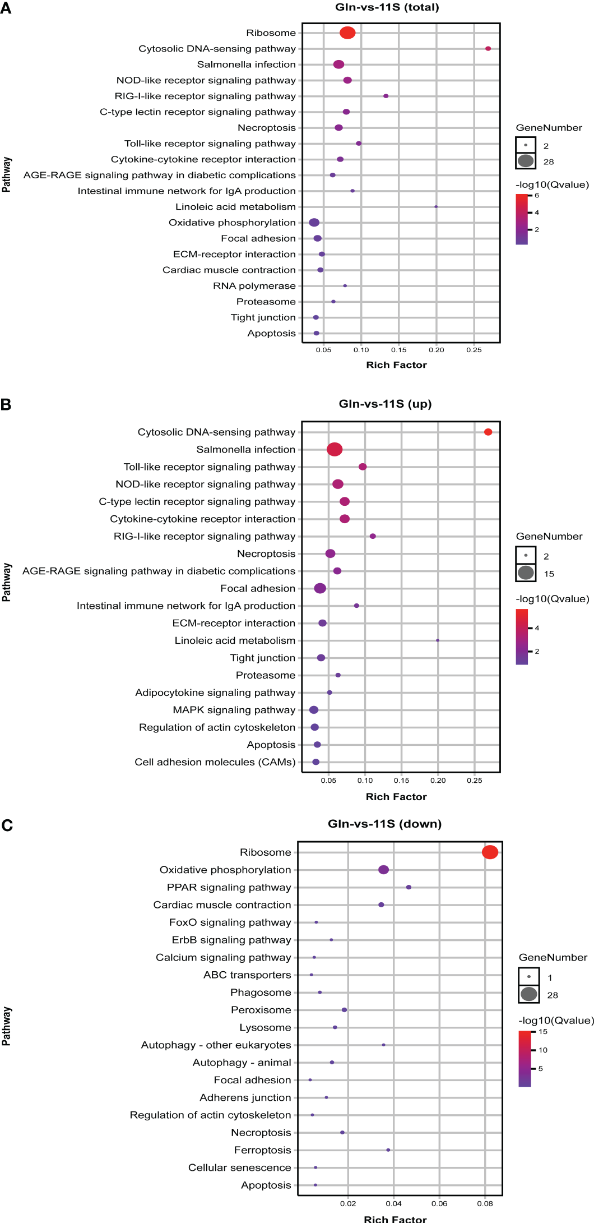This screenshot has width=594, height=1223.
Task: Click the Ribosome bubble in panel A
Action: [347, 33]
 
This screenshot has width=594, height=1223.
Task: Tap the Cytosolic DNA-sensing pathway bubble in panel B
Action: [488, 432]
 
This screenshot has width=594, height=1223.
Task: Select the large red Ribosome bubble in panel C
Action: [490, 852]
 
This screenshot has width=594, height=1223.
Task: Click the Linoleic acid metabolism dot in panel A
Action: [436, 207]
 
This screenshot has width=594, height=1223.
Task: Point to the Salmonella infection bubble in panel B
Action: [335, 449]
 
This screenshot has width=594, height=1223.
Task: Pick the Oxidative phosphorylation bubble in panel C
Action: [383, 870]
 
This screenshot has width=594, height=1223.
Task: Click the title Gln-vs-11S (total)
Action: [387, 7]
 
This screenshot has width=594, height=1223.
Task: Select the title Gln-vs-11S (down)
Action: [384, 824]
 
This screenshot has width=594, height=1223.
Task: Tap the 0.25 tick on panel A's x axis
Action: [474, 350]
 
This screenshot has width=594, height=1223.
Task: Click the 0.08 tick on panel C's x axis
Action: [485, 1203]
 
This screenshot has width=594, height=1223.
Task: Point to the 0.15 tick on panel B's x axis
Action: [401, 781]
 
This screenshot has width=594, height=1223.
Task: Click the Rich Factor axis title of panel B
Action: [396, 797]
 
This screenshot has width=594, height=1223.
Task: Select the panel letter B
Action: [6, 404]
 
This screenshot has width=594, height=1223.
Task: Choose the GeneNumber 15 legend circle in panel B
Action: [526, 573]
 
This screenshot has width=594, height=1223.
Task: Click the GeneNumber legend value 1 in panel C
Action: [550, 978]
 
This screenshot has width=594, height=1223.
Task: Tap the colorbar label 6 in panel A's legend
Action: [537, 196]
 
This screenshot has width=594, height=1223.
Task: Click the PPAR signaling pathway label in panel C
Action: [229, 887]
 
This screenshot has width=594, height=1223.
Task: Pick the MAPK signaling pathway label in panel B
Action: [234, 710]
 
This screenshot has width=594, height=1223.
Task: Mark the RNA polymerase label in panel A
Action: [254, 286]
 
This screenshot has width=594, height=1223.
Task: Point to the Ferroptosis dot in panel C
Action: [388, 1150]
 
